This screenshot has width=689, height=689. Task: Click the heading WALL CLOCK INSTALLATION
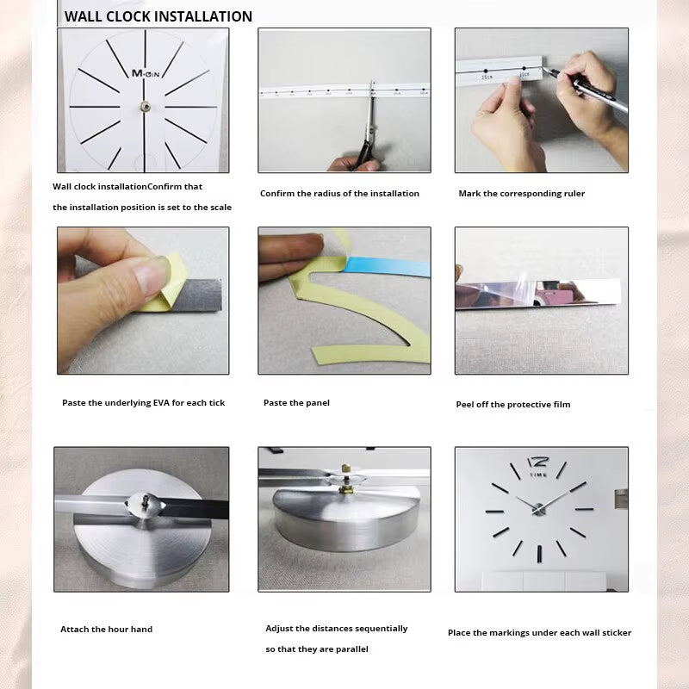tap(158, 16)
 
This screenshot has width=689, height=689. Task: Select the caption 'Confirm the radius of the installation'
tap(339, 194)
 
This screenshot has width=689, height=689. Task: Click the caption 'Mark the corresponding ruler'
tap(521, 194)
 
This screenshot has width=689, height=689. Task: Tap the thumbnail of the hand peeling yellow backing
tap(143, 301)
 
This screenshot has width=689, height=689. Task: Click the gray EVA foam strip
tap(194, 295)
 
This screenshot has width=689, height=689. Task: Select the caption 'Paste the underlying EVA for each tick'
tap(143, 403)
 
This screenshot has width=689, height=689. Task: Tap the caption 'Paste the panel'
tap(296, 403)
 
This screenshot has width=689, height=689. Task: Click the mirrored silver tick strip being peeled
tap(538, 293)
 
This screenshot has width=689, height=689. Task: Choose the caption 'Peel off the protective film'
tap(512, 405)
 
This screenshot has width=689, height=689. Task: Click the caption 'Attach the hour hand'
tap(106, 630)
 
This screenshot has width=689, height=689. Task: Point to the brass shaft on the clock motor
tap(345, 488)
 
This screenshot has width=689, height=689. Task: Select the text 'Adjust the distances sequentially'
tap(337, 629)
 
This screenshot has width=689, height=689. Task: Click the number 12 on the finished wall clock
tap(537, 462)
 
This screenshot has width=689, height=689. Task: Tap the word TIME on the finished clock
tap(538, 475)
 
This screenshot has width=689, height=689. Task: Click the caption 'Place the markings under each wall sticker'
tap(539, 633)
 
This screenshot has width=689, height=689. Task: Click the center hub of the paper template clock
tap(144, 107)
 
